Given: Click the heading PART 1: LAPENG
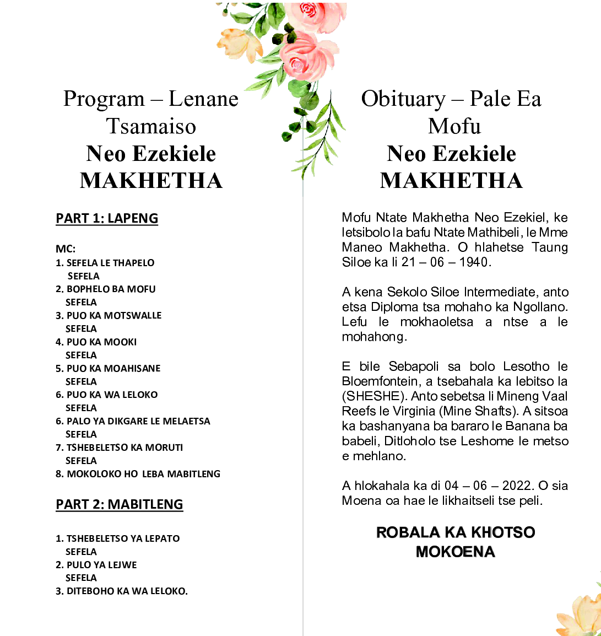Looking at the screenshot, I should coord(107,218).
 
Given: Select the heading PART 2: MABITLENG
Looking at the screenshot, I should coord(119,504).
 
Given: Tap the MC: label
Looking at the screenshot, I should coord(66,249).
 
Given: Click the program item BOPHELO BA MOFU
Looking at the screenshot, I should coord(111,289).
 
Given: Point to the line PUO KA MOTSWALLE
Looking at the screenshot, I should coord(114,315).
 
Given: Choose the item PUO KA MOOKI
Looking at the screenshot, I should coord(101,342).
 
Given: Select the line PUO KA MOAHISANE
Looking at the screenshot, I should coord(113,368).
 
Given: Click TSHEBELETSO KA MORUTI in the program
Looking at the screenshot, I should coord(124,448).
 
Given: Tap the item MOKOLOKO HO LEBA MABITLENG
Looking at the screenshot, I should coord(143,474).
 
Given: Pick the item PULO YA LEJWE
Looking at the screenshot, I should coord(101,565).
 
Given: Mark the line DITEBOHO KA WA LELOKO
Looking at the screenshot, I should coord(127,591).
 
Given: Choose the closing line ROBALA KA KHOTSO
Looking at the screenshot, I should coord(456,532).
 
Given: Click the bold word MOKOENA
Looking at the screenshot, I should coord(456,552).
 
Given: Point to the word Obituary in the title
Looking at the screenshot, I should coord(403,99).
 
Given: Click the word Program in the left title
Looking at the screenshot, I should coord(104,99).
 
